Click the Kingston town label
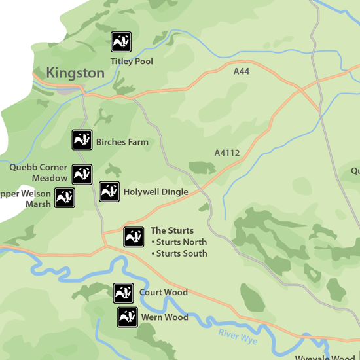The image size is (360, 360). pyautogui.click(x=75, y=73)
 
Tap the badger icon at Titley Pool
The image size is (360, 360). pyautogui.click(x=121, y=42)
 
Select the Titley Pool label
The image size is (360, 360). pyautogui.click(x=132, y=62)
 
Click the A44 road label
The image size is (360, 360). pyautogui.click(x=242, y=71)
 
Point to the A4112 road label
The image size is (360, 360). pyautogui.click(x=227, y=153)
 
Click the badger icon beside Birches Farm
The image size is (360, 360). pyautogui.click(x=82, y=140)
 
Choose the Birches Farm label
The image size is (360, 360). pyautogui.click(x=122, y=142)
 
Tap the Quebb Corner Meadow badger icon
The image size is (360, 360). pyautogui.click(x=82, y=174)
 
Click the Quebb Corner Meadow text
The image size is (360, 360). pyautogui.click(x=39, y=173)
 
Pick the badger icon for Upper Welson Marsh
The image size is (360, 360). pyautogui.click(x=64, y=198)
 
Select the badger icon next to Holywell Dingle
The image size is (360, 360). pyautogui.click(x=109, y=192)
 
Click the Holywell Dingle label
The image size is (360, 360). pyautogui.click(x=156, y=192)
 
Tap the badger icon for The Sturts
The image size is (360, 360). pyautogui.click(x=134, y=237)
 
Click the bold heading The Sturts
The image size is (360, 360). pyautogui.click(x=172, y=230)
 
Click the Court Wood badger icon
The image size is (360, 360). pyautogui.click(x=124, y=293)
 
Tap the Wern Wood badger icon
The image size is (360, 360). pyautogui.click(x=127, y=317)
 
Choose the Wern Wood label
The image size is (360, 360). pyautogui.click(x=164, y=317)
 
